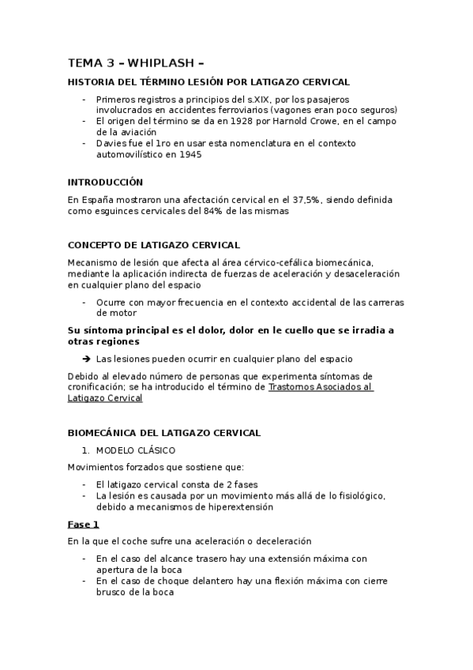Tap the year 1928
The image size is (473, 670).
(x=211, y=121)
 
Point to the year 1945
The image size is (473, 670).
(x=190, y=154)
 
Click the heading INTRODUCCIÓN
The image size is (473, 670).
(x=105, y=182)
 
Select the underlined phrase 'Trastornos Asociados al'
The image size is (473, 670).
(x=321, y=387)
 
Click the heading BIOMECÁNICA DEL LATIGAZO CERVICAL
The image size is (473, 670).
(x=164, y=433)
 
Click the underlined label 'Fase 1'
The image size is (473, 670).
(x=84, y=524)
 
